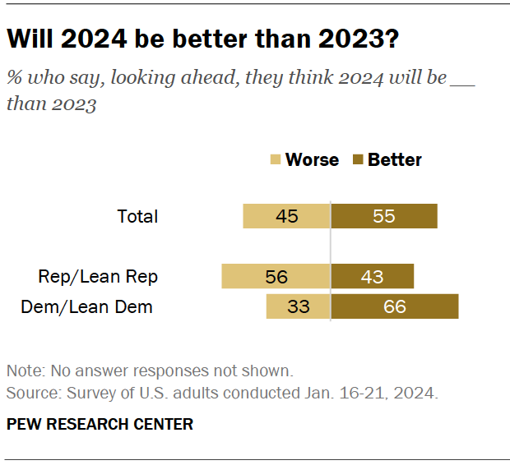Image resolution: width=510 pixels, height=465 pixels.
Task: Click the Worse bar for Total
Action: click(x=286, y=217)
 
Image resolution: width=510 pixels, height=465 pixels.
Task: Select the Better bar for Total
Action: click(x=384, y=217)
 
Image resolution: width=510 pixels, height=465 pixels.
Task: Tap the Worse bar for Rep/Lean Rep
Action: click(x=276, y=276)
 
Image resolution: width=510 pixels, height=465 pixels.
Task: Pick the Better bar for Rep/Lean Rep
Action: click(x=373, y=276)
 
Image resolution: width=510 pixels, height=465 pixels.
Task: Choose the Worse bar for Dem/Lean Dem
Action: click(x=298, y=306)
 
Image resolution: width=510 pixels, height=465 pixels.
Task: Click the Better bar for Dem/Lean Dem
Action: click(x=395, y=306)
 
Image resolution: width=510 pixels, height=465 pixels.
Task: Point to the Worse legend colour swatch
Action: click(x=276, y=160)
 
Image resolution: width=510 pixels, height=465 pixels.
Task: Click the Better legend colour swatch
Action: click(x=359, y=160)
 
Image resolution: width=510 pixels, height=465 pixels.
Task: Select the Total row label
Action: click(x=137, y=217)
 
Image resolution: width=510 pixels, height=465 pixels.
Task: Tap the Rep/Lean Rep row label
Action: click(x=98, y=276)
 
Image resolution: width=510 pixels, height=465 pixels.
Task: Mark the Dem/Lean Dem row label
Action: click(x=86, y=307)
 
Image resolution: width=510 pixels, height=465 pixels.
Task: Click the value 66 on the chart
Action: click(x=395, y=307)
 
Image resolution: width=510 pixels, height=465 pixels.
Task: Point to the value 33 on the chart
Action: click(x=298, y=307)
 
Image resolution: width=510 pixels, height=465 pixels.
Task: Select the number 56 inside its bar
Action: click(x=276, y=277)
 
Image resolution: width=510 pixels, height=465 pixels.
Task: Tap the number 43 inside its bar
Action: click(x=372, y=277)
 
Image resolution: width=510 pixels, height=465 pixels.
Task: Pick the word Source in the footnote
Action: click(x=28, y=393)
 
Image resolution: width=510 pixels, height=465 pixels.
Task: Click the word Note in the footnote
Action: click(x=21, y=371)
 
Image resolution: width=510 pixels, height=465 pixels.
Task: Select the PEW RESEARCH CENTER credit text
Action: click(x=100, y=424)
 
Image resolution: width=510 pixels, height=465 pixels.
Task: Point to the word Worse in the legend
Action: click(x=312, y=160)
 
